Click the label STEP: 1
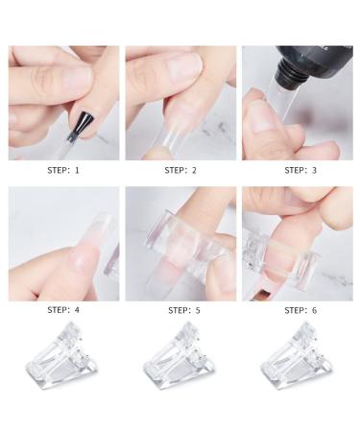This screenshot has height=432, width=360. (x=64, y=170)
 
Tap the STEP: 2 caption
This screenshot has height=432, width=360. (x=181, y=170)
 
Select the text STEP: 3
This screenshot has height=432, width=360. (x=297, y=170)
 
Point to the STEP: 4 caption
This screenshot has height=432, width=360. (x=64, y=310)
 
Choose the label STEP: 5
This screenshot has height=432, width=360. (x=181, y=310)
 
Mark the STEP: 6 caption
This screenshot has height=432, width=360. (x=297, y=310)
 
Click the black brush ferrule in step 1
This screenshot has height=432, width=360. (x=84, y=121)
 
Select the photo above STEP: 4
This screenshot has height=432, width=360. (x=64, y=243)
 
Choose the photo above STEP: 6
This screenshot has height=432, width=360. (x=297, y=243)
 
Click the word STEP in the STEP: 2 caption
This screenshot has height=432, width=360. (x=174, y=170)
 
